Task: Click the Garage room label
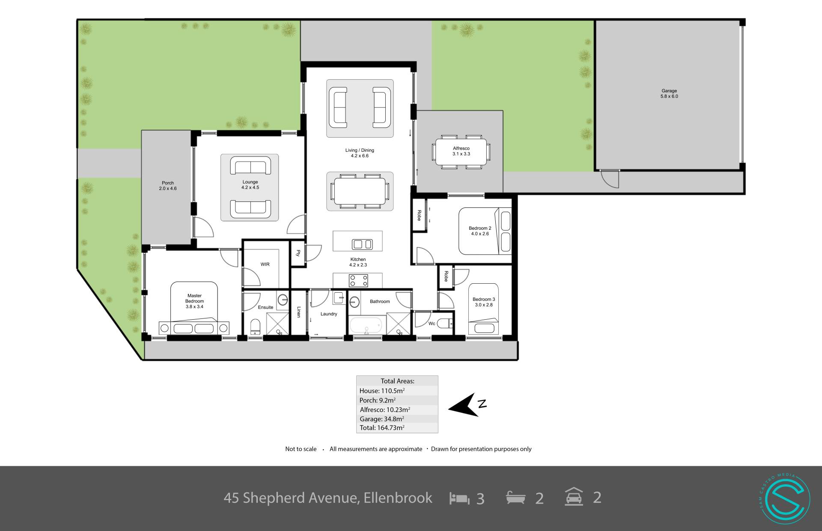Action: [x=669, y=93]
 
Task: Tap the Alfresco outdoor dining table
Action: [x=461, y=151]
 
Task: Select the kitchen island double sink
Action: [x=362, y=244]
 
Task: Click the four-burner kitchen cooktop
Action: [x=359, y=281]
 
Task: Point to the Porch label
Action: [x=168, y=186]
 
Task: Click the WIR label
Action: [x=265, y=264]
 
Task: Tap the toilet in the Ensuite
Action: [x=255, y=327]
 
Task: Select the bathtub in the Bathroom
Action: [x=366, y=325]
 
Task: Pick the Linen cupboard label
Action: [x=299, y=312]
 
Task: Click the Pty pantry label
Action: [x=298, y=253]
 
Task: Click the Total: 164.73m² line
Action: [x=382, y=428]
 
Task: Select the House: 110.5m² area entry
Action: [x=382, y=390]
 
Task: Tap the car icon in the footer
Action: [x=574, y=497]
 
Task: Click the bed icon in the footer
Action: [x=459, y=498]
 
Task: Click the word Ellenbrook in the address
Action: [x=398, y=498]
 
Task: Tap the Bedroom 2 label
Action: [x=480, y=231]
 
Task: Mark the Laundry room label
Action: [x=329, y=314]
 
